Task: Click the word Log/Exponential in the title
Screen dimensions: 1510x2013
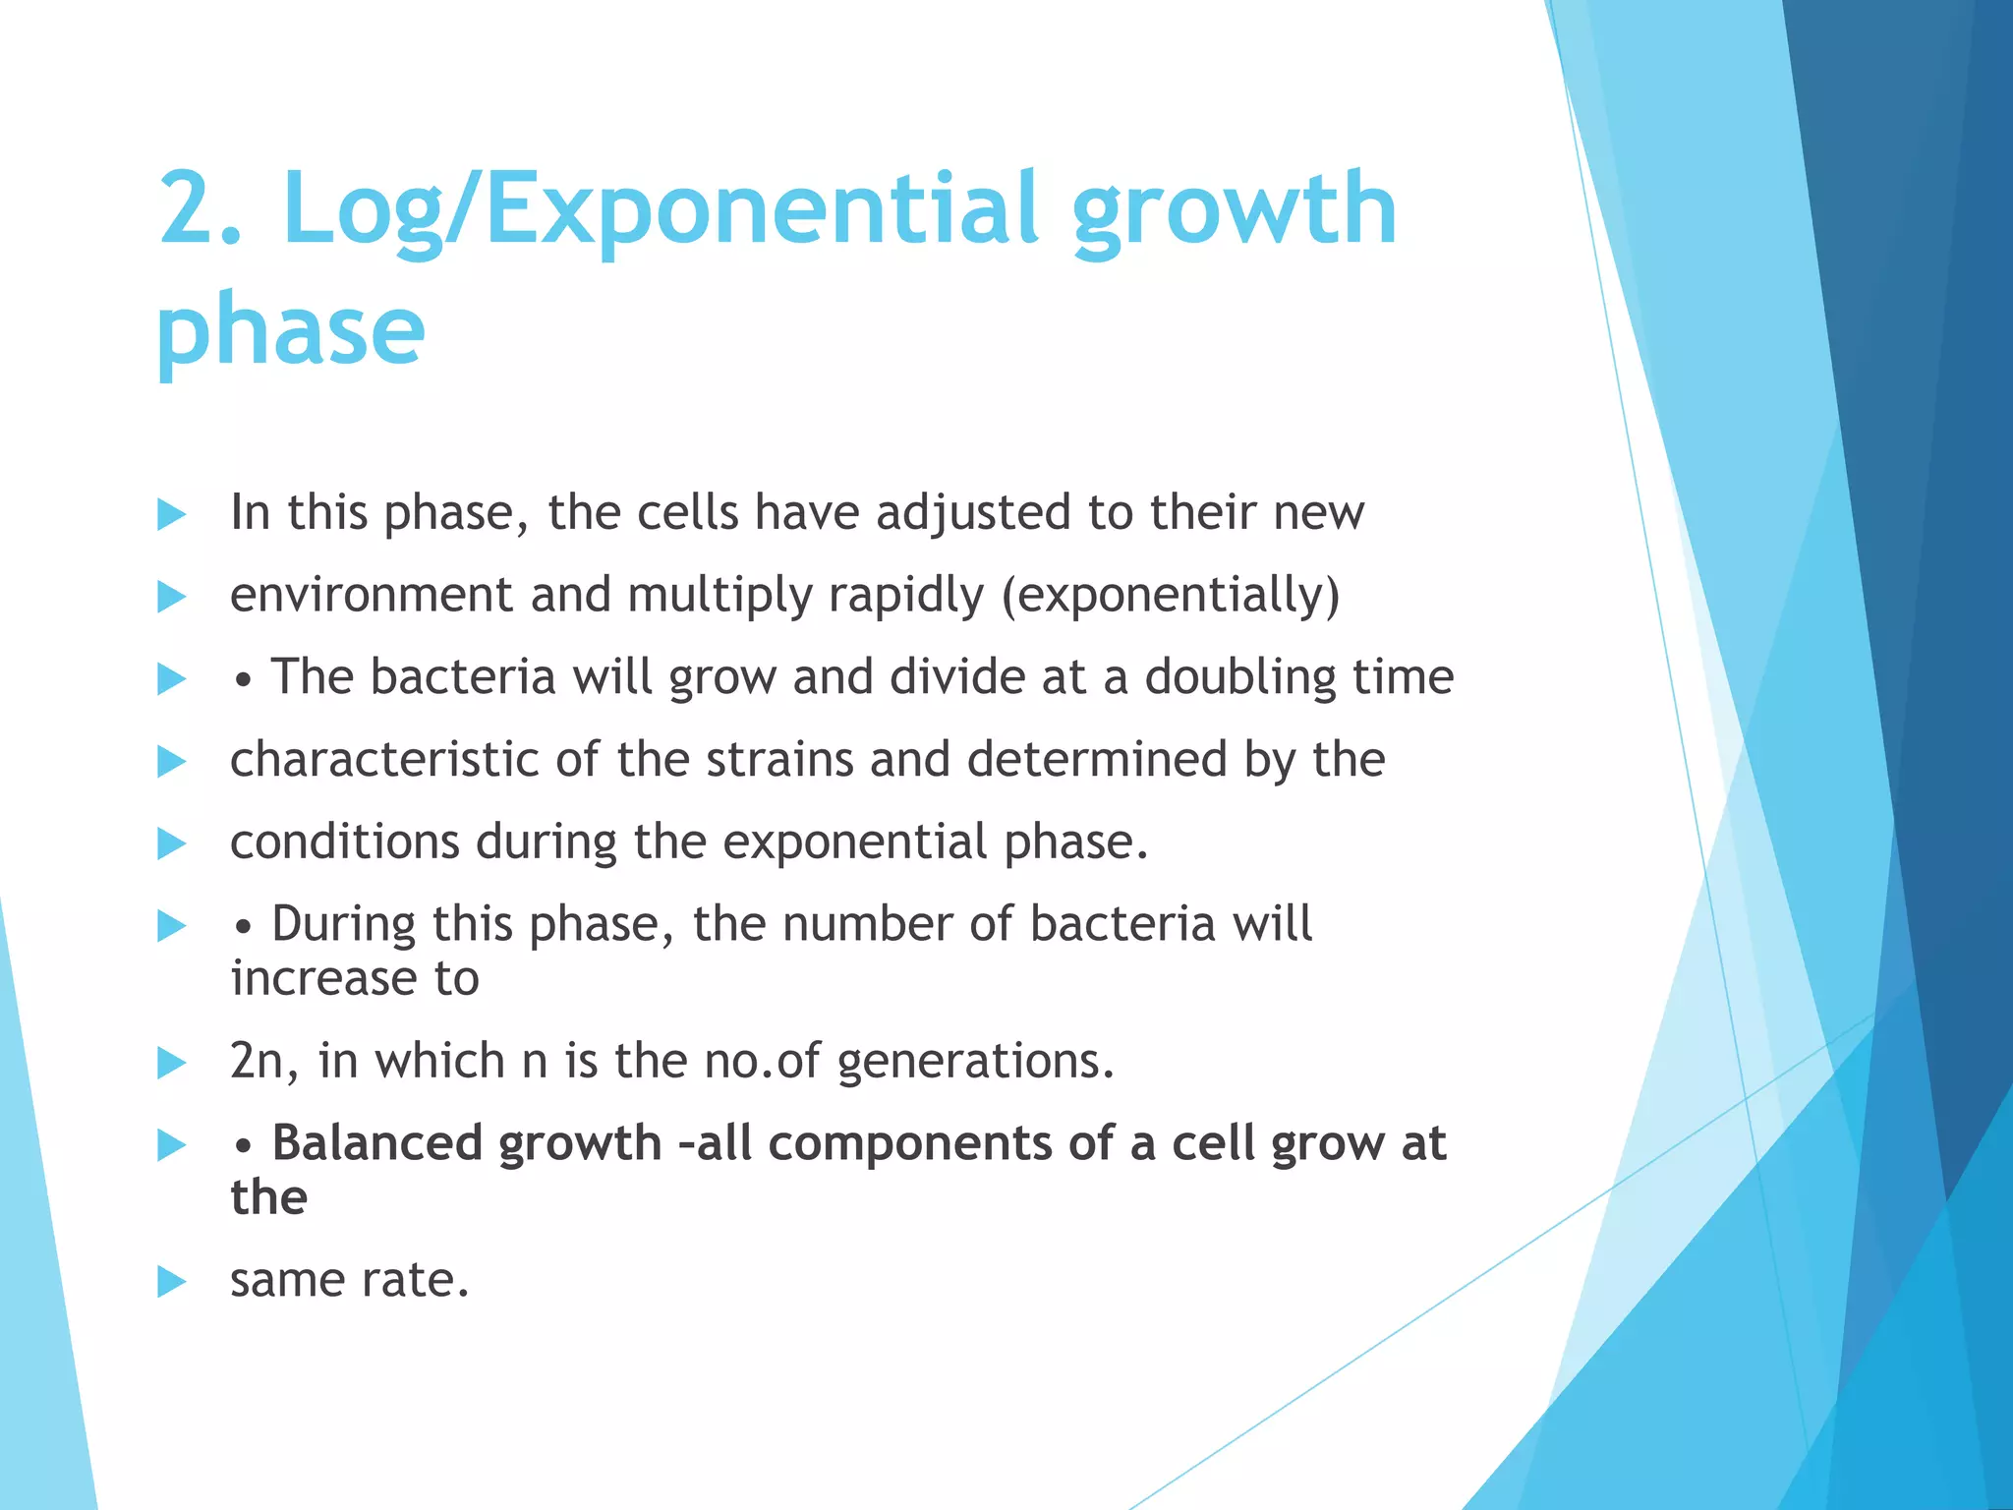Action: [660, 208]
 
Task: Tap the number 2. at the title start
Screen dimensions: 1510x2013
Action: [200, 208]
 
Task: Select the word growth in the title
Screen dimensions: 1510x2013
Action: [1234, 208]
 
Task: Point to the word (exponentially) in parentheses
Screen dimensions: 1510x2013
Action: [1171, 595]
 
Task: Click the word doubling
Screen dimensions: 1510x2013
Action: [1239, 677]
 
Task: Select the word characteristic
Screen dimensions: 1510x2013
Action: [384, 760]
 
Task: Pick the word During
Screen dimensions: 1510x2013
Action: [343, 925]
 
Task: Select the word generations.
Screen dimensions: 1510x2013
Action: [975, 1062]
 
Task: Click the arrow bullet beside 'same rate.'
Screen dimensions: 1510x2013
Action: [171, 1282]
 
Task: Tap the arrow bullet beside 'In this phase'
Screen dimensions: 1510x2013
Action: [171, 514]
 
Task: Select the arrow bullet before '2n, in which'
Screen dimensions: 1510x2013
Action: [171, 1063]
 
